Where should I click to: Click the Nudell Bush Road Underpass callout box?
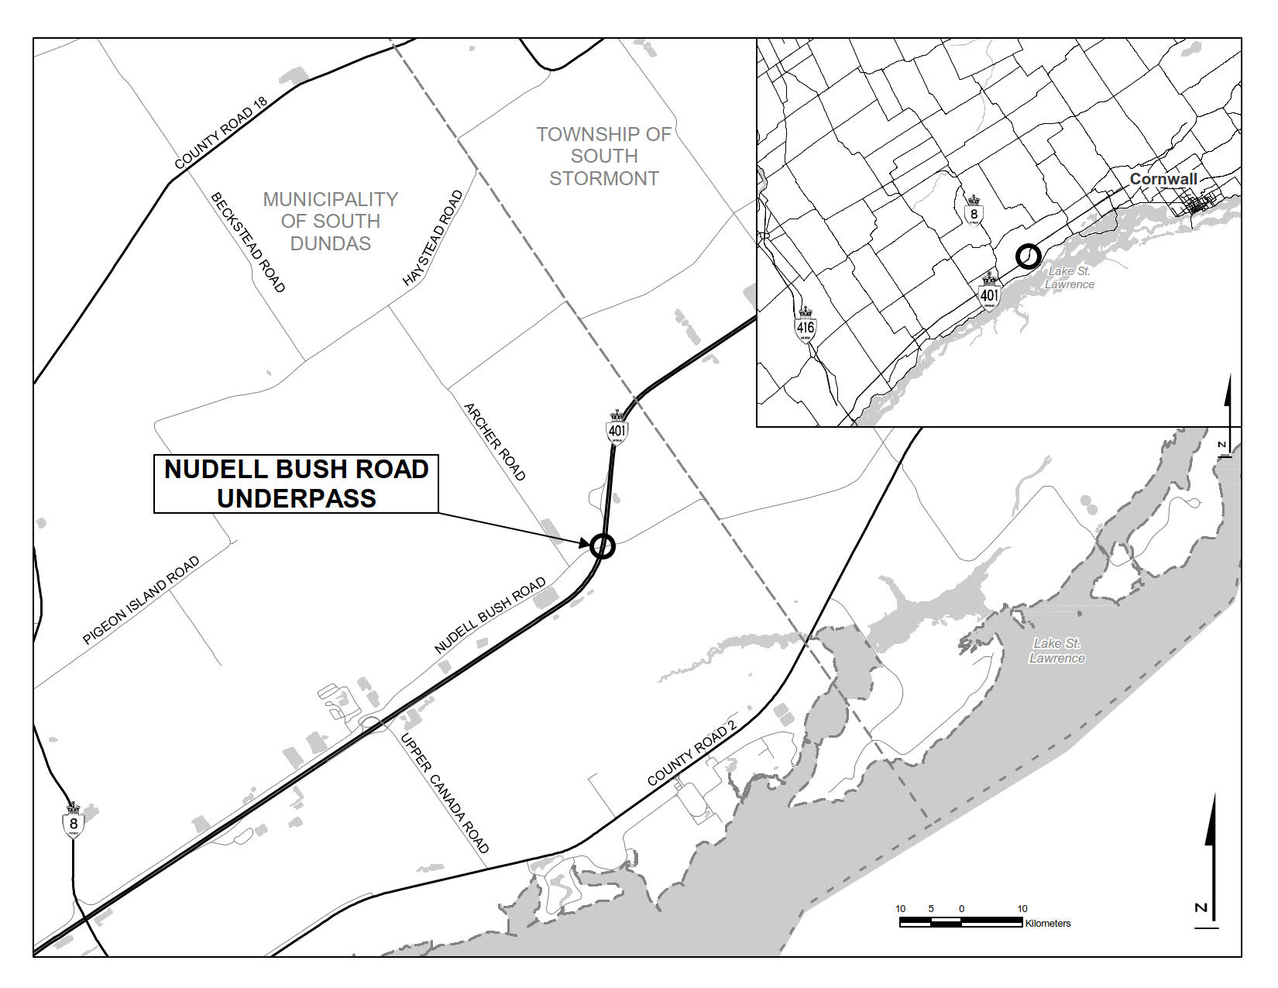pos(297,484)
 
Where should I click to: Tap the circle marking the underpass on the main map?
pos(602,546)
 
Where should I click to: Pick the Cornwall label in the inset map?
pos(1163,179)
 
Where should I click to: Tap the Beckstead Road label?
pos(248,242)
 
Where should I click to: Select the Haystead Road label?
pos(433,239)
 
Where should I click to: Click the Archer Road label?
pos(494,441)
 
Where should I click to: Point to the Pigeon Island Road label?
pos(141,601)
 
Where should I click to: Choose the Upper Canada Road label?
pos(445,792)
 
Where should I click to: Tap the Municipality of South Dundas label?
pos(331,221)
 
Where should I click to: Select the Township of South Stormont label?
pos(604,156)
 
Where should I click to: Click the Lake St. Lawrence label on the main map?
pos(1056,651)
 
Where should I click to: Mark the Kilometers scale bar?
pos(961,921)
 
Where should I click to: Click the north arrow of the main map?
pos(1211,860)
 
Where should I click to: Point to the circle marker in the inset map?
pos(1028,256)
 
